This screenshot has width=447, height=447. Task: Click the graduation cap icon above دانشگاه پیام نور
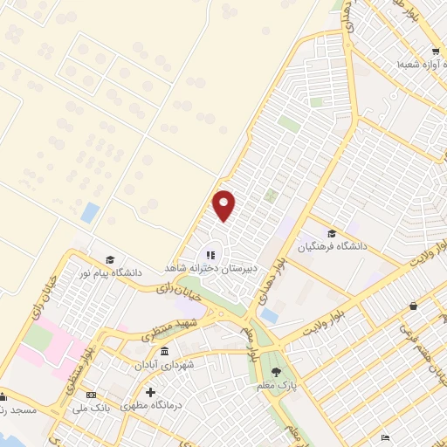point(110,259)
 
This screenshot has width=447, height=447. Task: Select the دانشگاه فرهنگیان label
point(333,246)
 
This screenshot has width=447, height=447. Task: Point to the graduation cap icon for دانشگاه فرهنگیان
point(331,233)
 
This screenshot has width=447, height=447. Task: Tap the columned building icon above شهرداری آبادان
point(164,351)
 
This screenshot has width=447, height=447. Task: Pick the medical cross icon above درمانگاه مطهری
point(150,394)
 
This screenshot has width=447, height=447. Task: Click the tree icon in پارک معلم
point(276,372)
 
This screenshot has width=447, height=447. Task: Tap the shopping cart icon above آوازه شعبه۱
point(411,52)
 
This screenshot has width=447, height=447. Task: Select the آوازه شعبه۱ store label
point(420,65)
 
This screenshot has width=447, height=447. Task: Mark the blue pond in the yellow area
point(90,212)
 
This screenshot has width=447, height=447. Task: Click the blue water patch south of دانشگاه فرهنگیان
point(270,315)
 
